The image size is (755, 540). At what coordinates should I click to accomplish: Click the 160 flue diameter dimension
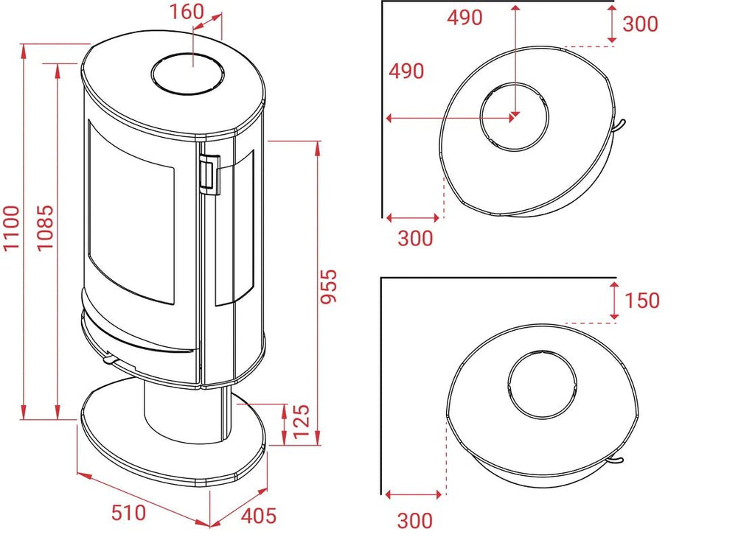tap(187, 12)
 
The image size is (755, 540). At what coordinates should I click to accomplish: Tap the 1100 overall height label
tap(12, 228)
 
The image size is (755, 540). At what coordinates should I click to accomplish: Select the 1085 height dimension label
tap(45, 228)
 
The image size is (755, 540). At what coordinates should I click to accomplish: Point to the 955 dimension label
tap(329, 287)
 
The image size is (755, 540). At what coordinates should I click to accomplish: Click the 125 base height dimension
tap(301, 421)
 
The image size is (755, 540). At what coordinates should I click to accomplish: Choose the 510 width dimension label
tap(128, 513)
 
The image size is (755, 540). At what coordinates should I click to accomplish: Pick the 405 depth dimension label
tap(259, 516)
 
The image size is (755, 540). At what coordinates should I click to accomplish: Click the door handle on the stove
tap(209, 174)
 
